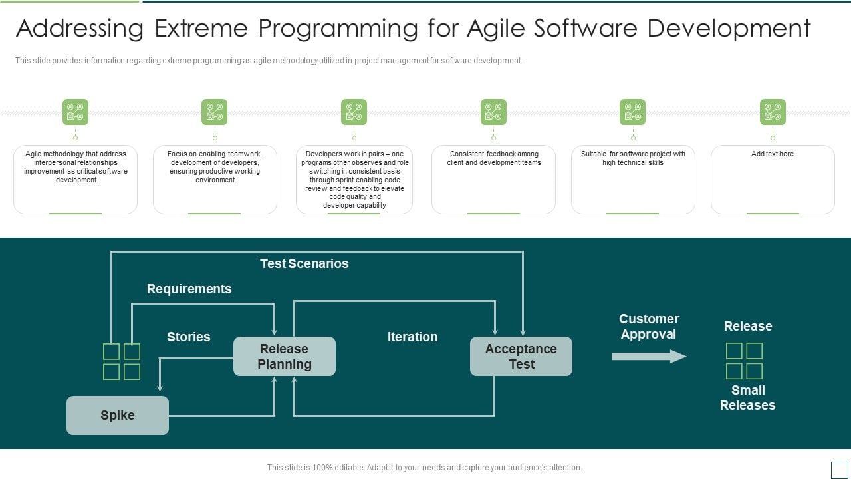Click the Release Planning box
(x=284, y=357)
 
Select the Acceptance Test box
(x=521, y=357)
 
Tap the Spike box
(x=118, y=416)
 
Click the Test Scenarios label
(x=304, y=263)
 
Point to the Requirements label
(x=189, y=289)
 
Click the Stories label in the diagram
(x=188, y=337)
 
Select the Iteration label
(x=412, y=337)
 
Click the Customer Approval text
(x=648, y=327)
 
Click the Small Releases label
(x=747, y=398)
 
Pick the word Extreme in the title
(x=199, y=29)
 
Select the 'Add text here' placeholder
(x=772, y=154)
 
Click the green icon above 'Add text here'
(x=773, y=112)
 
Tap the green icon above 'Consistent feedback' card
(x=493, y=112)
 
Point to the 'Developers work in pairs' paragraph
(x=354, y=180)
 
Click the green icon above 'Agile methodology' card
(x=75, y=112)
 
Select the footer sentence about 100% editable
(x=424, y=468)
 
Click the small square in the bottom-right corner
(x=839, y=470)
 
